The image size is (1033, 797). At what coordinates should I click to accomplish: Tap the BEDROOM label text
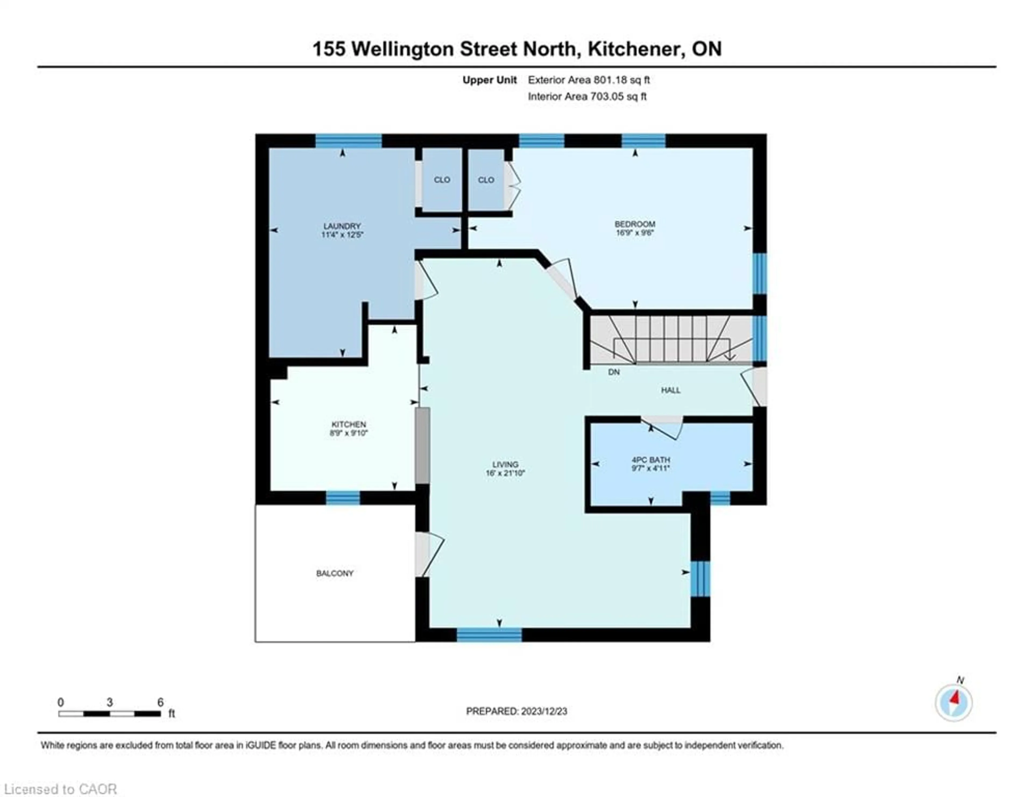coord(635,224)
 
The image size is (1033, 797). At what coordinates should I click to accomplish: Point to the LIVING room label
coord(505,464)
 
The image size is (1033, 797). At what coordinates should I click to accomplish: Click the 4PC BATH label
coord(651,460)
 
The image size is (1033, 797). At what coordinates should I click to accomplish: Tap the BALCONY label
coord(335,573)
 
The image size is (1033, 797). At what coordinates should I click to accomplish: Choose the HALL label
coord(671,390)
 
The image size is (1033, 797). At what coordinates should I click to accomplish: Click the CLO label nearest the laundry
coord(442,180)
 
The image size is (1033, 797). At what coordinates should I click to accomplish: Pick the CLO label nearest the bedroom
coord(486,180)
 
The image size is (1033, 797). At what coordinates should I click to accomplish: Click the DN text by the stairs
coord(613,372)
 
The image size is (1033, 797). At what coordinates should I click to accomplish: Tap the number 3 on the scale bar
coord(110,702)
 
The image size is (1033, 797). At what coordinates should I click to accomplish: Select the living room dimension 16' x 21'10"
coord(505,473)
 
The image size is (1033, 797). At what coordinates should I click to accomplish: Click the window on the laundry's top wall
coord(349,141)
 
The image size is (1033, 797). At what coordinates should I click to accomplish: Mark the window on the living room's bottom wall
coord(489,634)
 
